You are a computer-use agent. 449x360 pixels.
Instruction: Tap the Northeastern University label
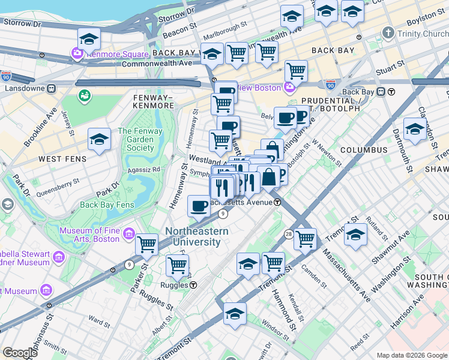pos(196,236)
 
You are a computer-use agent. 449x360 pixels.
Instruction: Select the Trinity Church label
pos(423,34)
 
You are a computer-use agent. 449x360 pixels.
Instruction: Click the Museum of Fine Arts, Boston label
pos(89,235)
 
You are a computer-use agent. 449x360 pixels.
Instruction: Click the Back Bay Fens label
pos(107,205)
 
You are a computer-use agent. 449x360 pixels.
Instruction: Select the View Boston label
pos(259,88)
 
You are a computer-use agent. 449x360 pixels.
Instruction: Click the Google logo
pos(20,353)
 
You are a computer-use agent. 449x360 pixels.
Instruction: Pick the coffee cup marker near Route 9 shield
pos(199,207)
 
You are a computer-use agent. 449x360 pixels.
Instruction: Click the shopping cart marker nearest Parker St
pos(147,245)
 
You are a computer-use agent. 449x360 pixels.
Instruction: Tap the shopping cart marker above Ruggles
pos(177,266)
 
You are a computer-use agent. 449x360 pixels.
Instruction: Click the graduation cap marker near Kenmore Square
pos(89,40)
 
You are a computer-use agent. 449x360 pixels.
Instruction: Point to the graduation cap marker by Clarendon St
pos(415,130)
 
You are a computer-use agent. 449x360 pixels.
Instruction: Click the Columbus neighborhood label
pos(364,149)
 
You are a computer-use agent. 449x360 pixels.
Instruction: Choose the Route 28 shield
pos(289,233)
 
